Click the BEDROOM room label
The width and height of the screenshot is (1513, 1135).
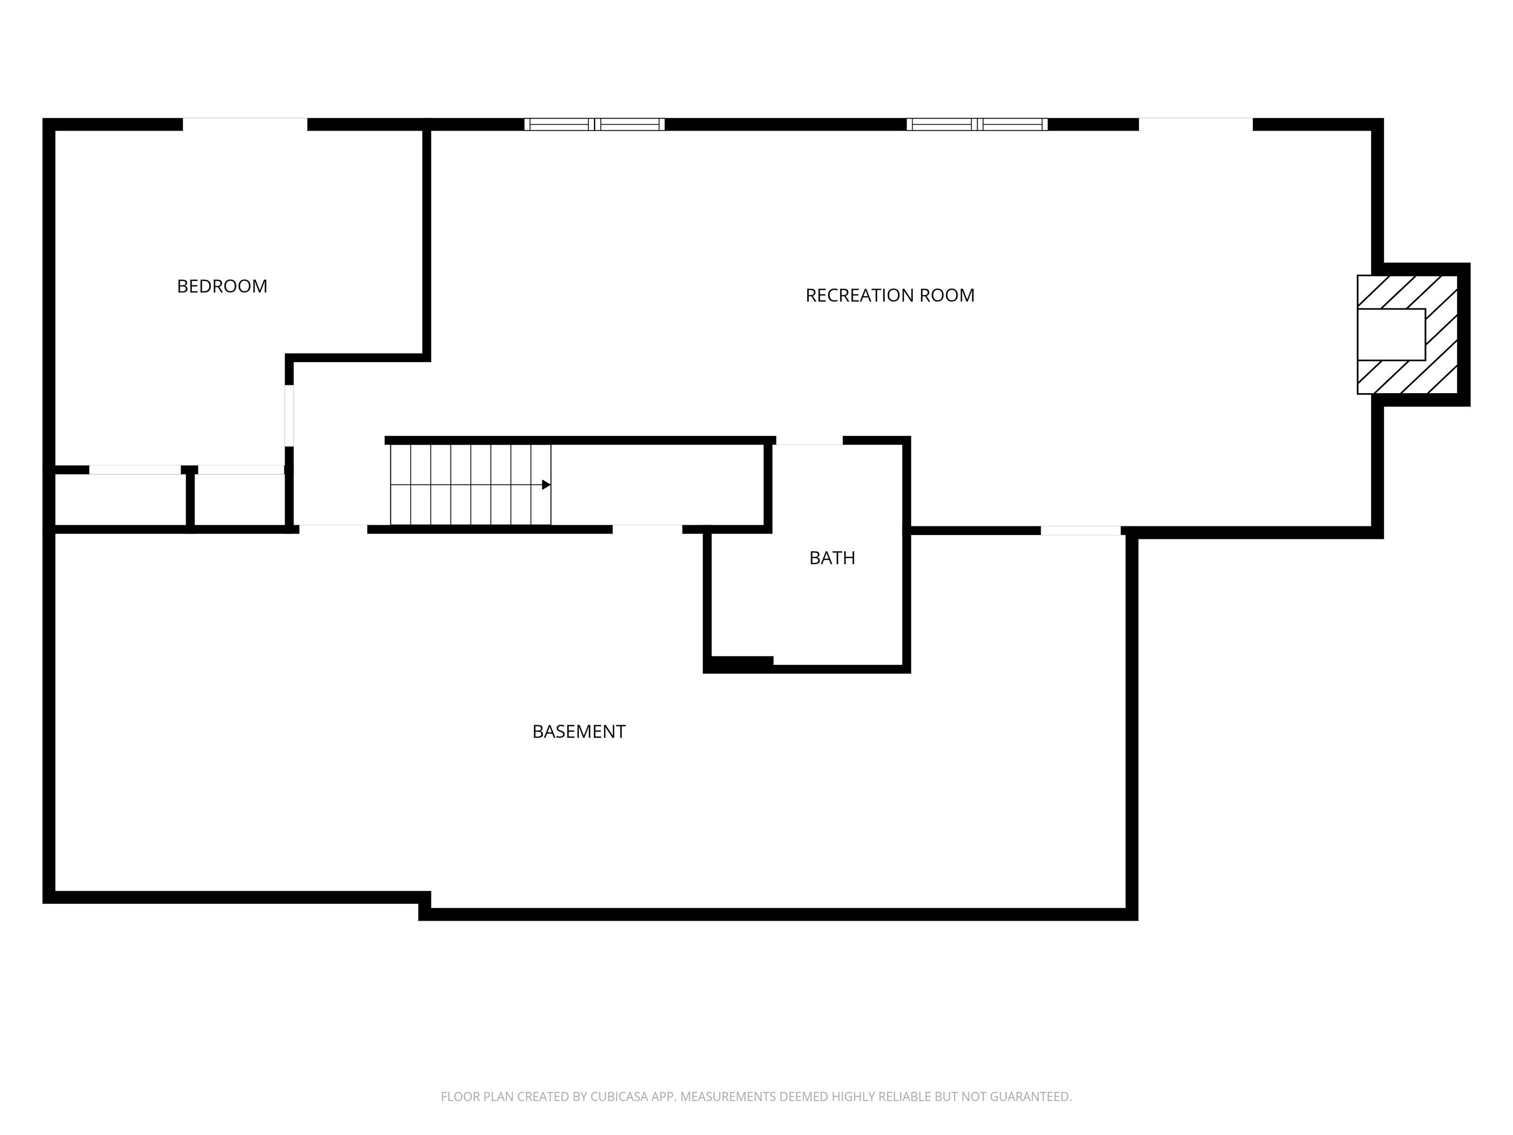(222, 286)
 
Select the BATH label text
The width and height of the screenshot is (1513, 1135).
(832, 558)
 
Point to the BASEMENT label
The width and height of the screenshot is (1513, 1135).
(579, 732)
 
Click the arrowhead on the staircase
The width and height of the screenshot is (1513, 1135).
(546, 484)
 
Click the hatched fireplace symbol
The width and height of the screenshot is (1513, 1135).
(1408, 334)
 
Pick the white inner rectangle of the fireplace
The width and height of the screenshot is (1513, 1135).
(1391, 334)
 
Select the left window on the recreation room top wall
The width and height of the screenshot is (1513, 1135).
(594, 124)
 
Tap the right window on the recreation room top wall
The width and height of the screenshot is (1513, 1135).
(977, 124)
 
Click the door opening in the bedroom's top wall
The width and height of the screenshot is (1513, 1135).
(245, 124)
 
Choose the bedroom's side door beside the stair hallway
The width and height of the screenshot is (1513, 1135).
(289, 416)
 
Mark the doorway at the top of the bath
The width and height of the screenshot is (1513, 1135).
(809, 440)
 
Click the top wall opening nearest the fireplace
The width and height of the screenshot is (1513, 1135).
(1196, 124)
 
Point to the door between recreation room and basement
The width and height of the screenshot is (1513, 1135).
(1081, 530)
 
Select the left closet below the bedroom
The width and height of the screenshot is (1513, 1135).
(120, 500)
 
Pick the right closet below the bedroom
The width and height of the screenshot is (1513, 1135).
(239, 500)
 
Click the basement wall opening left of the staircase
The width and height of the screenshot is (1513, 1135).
(333, 529)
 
